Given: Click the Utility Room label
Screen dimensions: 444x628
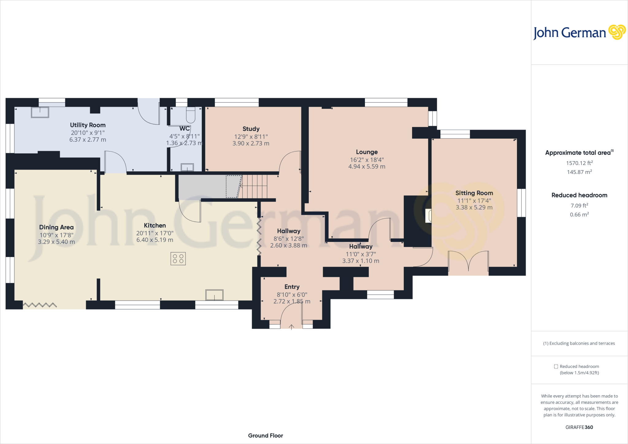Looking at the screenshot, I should tap(88, 125).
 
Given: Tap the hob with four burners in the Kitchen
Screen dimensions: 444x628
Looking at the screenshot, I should tap(178, 258).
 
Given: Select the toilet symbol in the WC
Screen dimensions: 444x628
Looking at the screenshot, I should tap(190, 115).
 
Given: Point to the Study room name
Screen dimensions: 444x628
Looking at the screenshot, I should tap(251, 129).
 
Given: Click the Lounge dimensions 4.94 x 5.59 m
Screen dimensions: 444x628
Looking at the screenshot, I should tap(367, 166).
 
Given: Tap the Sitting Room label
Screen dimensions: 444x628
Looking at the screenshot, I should tap(474, 193).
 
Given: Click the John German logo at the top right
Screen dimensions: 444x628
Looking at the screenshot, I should tap(579, 33).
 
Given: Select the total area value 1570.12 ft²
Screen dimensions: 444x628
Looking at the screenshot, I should tap(579, 163).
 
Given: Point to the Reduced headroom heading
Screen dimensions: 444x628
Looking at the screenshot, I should tap(579, 195).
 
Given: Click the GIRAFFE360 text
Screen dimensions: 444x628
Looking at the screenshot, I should tap(579, 427).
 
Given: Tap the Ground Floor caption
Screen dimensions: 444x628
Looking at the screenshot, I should tap(266, 435).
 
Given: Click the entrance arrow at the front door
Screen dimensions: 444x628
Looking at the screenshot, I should tap(291, 327).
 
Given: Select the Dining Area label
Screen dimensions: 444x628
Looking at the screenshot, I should tap(56, 227).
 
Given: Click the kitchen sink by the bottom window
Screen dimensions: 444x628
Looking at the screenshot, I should tap(214, 295).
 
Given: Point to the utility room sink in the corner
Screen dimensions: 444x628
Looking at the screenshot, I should tap(40, 112).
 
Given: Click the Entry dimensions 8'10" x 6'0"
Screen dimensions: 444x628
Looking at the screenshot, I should tap(292, 295).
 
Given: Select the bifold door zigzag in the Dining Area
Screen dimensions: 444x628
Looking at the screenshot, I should tap(40, 305).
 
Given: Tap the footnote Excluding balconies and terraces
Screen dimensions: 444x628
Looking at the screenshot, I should tap(579, 343).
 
